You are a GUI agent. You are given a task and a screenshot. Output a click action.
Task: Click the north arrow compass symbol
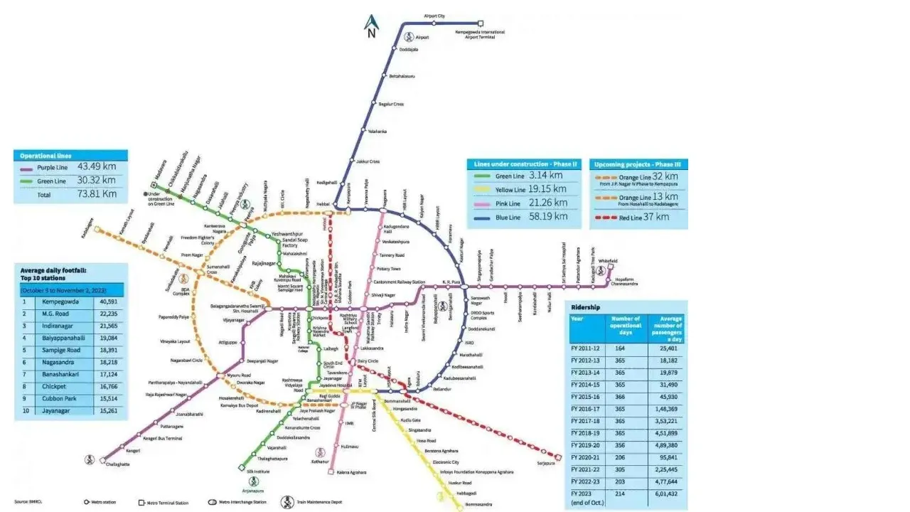tap(371, 26)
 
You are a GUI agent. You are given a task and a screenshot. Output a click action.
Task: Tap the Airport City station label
tap(434, 16)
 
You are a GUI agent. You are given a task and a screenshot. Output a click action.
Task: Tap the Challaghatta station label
tap(118, 464)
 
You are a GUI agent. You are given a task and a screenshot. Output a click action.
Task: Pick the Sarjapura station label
tap(546, 464)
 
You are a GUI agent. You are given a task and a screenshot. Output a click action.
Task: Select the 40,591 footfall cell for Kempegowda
tap(109, 302)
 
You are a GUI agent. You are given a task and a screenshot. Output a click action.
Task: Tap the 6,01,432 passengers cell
tap(668, 493)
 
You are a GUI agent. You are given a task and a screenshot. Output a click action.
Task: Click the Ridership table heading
tap(586, 307)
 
